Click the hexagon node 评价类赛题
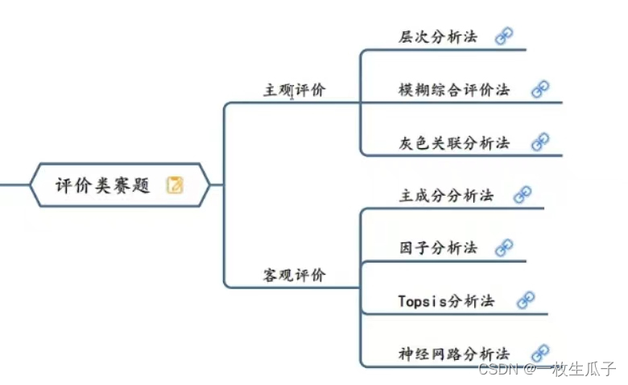coord(119,185)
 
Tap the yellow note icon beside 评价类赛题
coord(175,185)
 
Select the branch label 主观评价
coord(295,90)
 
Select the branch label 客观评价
coord(295,275)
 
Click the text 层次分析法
coord(438,37)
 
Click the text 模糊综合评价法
coord(454,90)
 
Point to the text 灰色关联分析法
coord(454,143)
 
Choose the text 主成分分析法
coord(446,196)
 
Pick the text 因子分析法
coord(438,248)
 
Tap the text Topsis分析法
coord(446,301)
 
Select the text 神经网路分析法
coord(454,354)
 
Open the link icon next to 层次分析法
coord(504,36)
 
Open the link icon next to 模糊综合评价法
coord(540,89)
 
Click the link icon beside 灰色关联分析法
coord(540,142)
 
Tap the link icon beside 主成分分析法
coord(523,194)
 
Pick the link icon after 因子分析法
coord(504,247)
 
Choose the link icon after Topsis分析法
coord(526,300)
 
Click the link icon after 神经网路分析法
coord(540,352)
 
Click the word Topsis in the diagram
coord(423,302)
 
